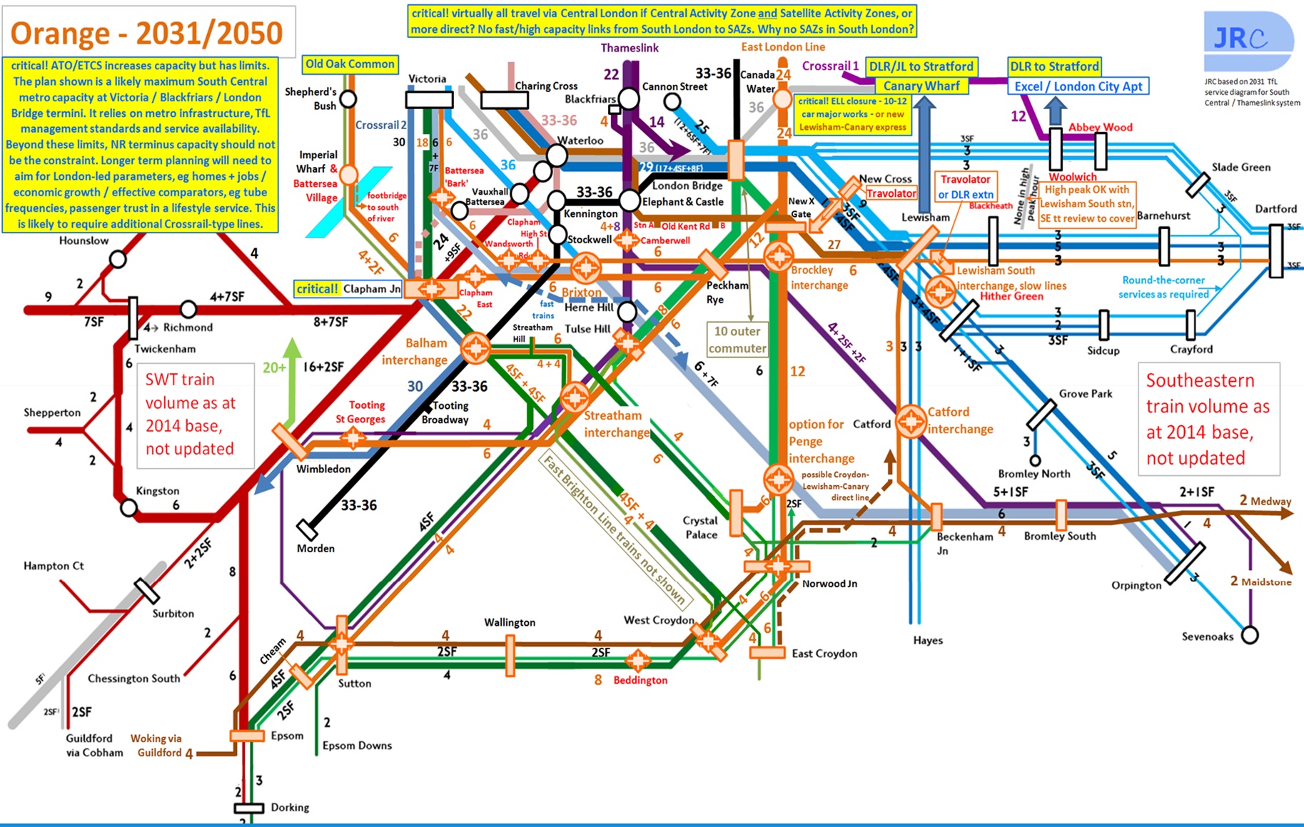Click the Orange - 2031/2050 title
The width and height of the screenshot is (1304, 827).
147,33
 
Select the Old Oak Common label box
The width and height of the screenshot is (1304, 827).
350,64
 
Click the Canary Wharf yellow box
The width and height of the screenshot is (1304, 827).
921,86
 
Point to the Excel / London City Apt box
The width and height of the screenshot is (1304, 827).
1078,86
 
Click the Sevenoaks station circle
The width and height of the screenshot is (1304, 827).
1250,634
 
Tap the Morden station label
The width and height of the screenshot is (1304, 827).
315,548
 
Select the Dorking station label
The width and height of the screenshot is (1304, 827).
290,807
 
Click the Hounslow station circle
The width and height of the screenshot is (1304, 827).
118,260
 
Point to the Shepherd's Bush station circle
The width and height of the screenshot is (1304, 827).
348,98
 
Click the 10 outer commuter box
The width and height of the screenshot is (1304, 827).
737,340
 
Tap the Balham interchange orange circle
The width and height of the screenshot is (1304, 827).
475,348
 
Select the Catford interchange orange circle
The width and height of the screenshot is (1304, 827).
911,420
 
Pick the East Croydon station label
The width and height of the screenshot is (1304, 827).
824,653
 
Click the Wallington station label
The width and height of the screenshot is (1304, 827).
510,622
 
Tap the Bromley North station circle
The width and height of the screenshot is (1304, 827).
1035,460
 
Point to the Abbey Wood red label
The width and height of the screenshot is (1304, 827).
1100,127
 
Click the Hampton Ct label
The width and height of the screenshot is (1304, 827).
54,566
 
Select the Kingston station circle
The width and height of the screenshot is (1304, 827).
128,508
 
